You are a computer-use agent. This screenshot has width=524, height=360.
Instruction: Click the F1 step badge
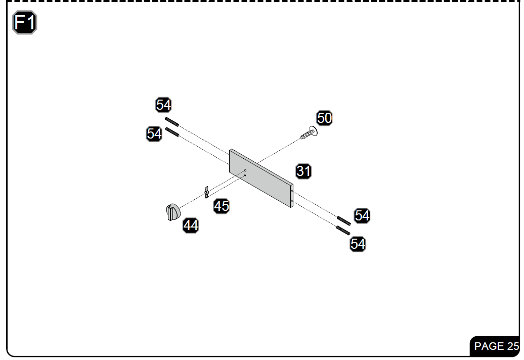(24, 22)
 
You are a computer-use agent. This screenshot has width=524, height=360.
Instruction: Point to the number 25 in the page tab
(513, 346)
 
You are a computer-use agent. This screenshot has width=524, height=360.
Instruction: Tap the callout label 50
(324, 118)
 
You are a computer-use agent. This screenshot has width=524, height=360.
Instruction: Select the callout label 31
(303, 171)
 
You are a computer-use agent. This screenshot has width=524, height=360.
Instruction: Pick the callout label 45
(221, 206)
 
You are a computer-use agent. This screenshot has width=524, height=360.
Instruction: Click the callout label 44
(191, 226)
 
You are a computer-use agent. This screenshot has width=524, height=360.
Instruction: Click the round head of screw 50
(314, 131)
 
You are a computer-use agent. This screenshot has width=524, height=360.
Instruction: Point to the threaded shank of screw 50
(306, 135)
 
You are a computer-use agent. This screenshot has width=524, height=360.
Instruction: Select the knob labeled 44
(173, 212)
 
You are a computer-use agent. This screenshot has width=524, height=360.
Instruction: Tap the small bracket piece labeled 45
(206, 192)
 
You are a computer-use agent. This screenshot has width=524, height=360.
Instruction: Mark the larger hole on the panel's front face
(245, 170)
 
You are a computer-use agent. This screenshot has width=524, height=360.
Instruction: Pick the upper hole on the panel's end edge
(292, 191)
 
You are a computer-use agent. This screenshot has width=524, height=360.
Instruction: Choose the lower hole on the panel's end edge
(292, 201)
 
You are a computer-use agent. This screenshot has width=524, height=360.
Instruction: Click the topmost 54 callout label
(163, 105)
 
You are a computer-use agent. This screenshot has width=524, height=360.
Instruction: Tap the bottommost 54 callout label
(358, 244)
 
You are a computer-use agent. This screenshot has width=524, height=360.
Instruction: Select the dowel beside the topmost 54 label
(172, 122)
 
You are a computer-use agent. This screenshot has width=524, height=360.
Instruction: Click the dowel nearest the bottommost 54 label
(343, 231)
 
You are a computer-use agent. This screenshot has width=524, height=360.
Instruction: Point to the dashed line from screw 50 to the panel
(279, 151)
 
